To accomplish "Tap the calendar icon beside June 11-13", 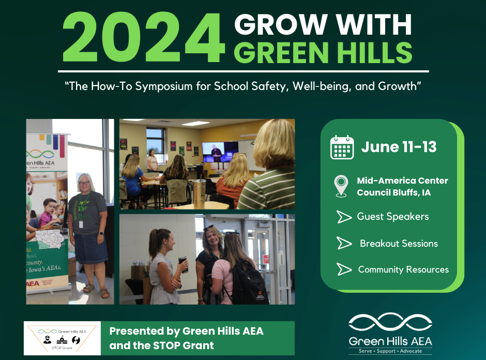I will pyautogui.click(x=342, y=147).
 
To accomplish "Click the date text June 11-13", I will pyautogui.click(x=399, y=147).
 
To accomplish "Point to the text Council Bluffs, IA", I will pyautogui.click(x=393, y=193).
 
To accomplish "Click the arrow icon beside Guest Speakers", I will pyautogui.click(x=344, y=217).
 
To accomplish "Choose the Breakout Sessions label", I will pyautogui.click(x=399, y=244).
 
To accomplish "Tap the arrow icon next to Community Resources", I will pyautogui.click(x=344, y=269).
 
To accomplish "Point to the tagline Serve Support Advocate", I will pyautogui.click(x=390, y=351).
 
